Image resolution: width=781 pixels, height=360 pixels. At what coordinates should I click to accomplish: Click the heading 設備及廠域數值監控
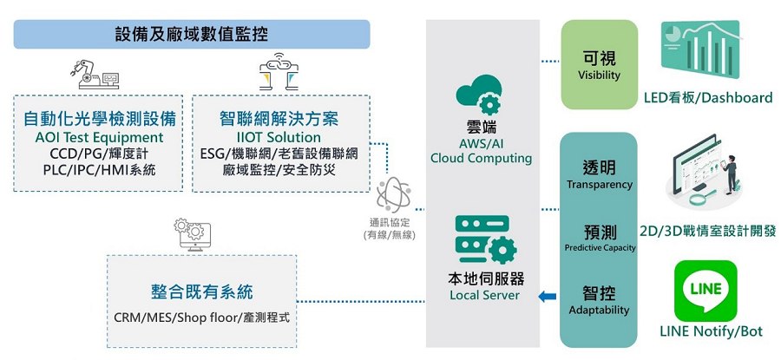pyautogui.click(x=192, y=36)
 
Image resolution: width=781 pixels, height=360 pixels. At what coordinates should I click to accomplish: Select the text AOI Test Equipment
pyautogui.click(x=99, y=137)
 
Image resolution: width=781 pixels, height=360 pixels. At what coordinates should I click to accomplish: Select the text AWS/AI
pyautogui.click(x=481, y=143)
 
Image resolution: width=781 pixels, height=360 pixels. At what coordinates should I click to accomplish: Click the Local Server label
pyautogui.click(x=484, y=295)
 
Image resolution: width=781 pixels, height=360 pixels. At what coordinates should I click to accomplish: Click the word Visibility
pyautogui.click(x=599, y=75)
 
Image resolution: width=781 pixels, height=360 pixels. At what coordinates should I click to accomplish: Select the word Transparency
pyautogui.click(x=599, y=185)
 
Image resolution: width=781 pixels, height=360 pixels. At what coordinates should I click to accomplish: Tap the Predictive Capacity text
pyautogui.click(x=600, y=248)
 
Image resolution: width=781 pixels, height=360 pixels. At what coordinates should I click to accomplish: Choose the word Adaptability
pyautogui.click(x=599, y=310)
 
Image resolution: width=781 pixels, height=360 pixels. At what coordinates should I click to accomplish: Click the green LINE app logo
pyautogui.click(x=705, y=291)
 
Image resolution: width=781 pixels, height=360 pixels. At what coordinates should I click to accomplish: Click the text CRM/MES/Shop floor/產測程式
pyautogui.click(x=201, y=317)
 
